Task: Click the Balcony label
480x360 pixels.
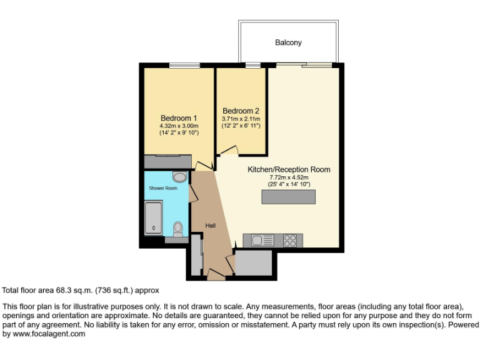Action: click(x=288, y=42)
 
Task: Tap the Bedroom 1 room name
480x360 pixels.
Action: click(x=179, y=117)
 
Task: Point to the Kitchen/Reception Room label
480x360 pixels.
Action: click(x=289, y=169)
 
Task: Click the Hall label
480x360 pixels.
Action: click(x=211, y=225)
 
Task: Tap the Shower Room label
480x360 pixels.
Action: click(x=162, y=188)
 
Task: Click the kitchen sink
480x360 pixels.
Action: click(x=262, y=240)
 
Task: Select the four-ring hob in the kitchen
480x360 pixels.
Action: click(x=291, y=240)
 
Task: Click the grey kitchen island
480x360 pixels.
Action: click(x=288, y=197)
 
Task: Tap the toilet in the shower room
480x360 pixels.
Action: click(x=178, y=229)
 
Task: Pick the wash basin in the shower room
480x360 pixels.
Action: click(x=179, y=177)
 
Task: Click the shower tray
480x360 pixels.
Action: click(x=153, y=217)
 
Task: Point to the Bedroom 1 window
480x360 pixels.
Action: click(x=184, y=65)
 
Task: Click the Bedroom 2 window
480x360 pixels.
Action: click(x=253, y=65)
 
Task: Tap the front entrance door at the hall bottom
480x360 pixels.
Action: click(x=216, y=274)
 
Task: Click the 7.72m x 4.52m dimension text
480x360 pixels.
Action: click(x=289, y=177)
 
